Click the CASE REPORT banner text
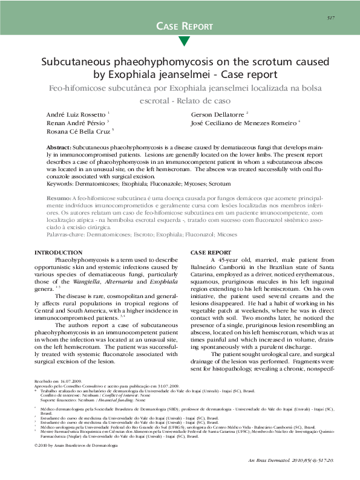coord(185,26)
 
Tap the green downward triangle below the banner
coord(185,41)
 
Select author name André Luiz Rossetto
coord(76,114)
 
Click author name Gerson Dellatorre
coord(217,114)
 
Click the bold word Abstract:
coord(59,148)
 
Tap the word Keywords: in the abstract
coord(62,182)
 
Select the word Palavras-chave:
coord(68,233)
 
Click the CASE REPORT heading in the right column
coord(210,252)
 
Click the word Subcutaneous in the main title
coord(80,62)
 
